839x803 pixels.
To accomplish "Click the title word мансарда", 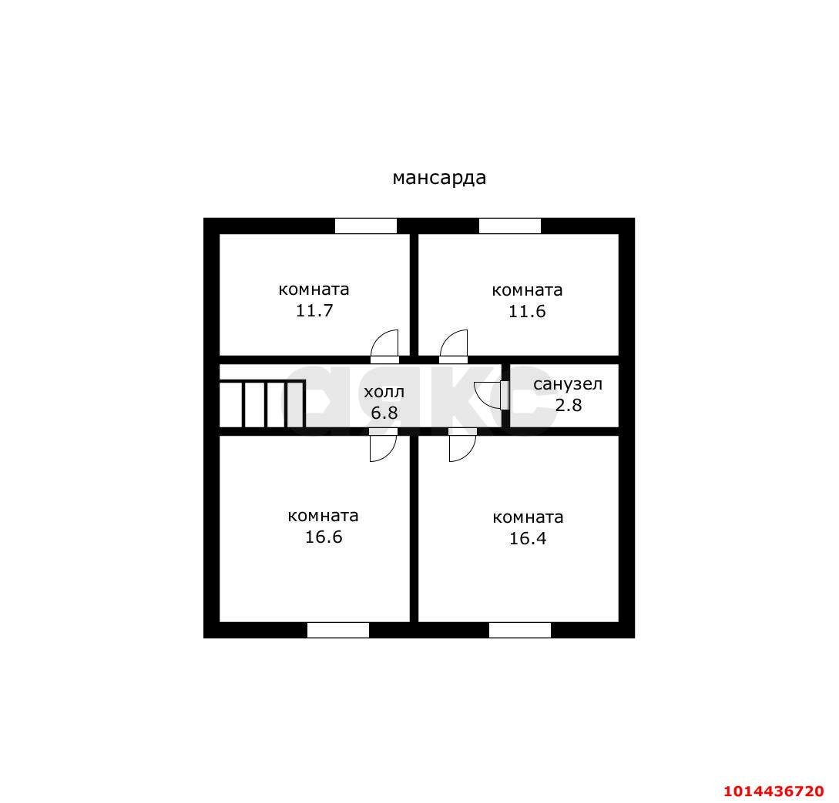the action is point(439,178).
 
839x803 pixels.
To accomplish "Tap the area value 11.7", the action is point(314,310).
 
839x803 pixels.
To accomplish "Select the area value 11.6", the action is point(527,311).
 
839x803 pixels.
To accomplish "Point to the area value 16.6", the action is point(324,537).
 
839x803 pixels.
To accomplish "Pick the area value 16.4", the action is point(528,538).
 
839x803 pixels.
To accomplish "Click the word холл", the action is point(384,392).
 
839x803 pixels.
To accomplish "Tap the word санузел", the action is point(568,384).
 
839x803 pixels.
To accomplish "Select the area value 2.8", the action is point(569,405).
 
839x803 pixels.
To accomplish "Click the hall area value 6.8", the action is point(384,413).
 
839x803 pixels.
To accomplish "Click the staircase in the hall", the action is point(262,403).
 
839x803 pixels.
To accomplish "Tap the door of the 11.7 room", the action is point(384,346).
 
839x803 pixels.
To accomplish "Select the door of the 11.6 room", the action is point(454,346).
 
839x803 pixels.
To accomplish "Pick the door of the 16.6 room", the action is point(384,445).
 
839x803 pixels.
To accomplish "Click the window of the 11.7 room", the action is point(366,226).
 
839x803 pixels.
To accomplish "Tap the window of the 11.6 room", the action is point(510,226).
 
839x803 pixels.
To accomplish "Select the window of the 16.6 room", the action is point(338,631).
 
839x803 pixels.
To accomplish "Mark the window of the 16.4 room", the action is point(520,631).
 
